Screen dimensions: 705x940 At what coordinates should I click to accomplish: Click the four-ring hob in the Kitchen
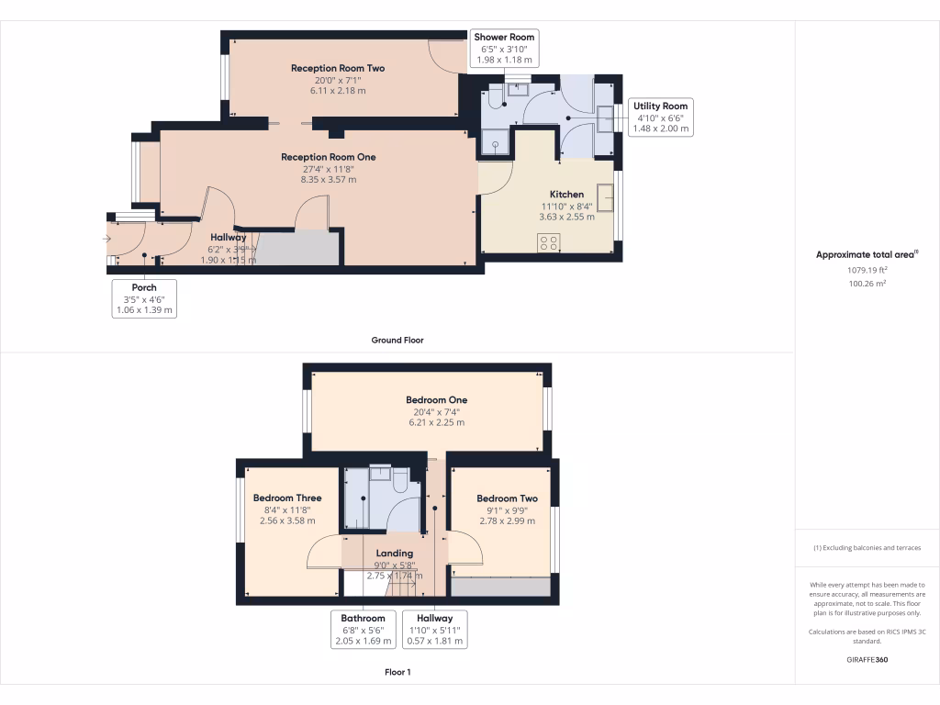pos(549,242)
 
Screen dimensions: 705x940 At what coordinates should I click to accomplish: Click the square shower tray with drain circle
pos(497,143)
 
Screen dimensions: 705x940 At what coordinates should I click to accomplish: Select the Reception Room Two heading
pos(337,68)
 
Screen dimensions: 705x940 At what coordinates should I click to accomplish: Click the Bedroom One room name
pos(437,399)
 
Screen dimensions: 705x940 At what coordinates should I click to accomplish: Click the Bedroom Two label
pos(507,498)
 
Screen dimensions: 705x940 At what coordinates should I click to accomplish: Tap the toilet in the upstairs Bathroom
pos(400,483)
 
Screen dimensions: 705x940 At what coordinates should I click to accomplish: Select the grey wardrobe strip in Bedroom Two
pos(501,587)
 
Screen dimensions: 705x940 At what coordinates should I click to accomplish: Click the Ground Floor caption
pos(397,340)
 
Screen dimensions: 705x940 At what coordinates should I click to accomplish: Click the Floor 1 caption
pos(397,672)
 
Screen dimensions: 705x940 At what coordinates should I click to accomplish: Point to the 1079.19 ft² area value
pos(867,271)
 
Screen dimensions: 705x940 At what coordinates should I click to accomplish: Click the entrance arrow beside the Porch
pos(106,240)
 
